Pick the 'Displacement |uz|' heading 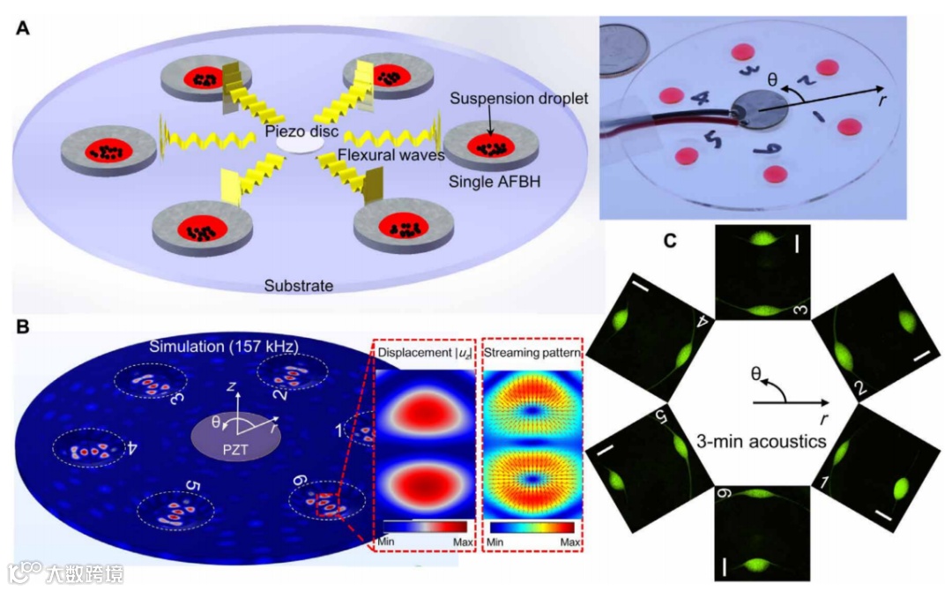[426, 355]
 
